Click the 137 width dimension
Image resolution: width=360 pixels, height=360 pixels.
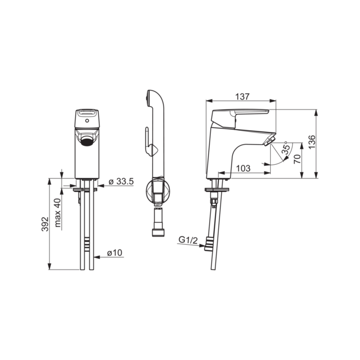point(242,97)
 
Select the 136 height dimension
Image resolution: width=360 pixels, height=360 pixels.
point(312,142)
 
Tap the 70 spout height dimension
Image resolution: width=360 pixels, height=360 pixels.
point(297,159)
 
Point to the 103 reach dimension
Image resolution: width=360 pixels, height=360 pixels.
point(243,168)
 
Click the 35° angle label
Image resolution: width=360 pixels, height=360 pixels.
point(286,148)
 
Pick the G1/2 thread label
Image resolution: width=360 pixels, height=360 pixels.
point(188,240)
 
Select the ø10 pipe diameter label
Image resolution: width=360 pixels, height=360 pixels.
point(115,253)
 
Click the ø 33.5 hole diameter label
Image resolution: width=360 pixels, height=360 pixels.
point(121,181)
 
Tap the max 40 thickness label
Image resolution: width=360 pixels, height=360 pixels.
point(58,213)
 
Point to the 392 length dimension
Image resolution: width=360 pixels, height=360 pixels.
point(45,224)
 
